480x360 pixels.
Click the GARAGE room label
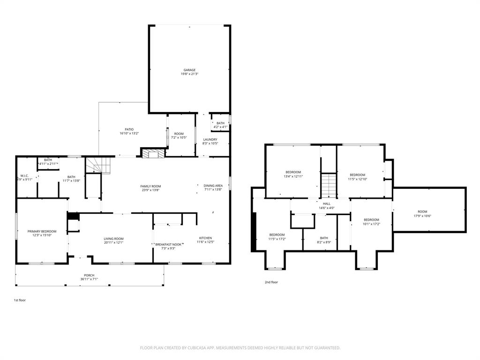pos(189,70)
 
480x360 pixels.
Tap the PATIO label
pos(129,130)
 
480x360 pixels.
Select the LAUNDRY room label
pos(210,139)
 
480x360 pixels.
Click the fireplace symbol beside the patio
pos(154,154)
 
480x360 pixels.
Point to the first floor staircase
pos(97,165)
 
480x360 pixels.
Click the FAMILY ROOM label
pos(150,186)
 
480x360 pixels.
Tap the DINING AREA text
pos(212,186)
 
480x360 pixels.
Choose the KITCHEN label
pos(205,238)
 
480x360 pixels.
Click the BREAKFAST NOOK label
pos(168,244)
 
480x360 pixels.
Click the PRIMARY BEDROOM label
pos(42,231)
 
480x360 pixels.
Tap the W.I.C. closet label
pos(25,176)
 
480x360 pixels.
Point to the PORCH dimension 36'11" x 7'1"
pos(89,279)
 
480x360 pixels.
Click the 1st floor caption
pos(20,300)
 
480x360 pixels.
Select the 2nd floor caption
pos(271,282)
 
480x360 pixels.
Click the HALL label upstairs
pos(327,204)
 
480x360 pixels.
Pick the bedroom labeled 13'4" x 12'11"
pos(293,172)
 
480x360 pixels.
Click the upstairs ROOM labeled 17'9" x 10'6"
pos(423,211)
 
